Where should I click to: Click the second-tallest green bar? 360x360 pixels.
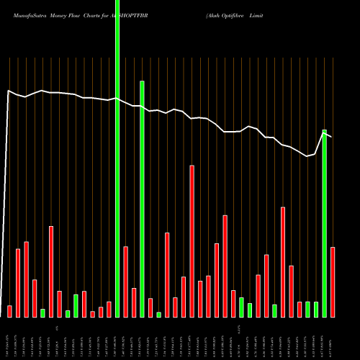142,199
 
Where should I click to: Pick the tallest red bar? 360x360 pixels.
192,241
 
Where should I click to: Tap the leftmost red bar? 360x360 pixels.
10,311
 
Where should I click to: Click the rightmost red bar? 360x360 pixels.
333,282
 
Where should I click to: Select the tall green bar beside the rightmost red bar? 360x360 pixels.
324,223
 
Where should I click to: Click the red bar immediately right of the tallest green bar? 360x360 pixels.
125,282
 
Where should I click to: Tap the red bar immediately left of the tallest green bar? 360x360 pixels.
109,309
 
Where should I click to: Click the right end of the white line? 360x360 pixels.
332,136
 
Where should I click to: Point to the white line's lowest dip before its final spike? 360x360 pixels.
307,156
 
